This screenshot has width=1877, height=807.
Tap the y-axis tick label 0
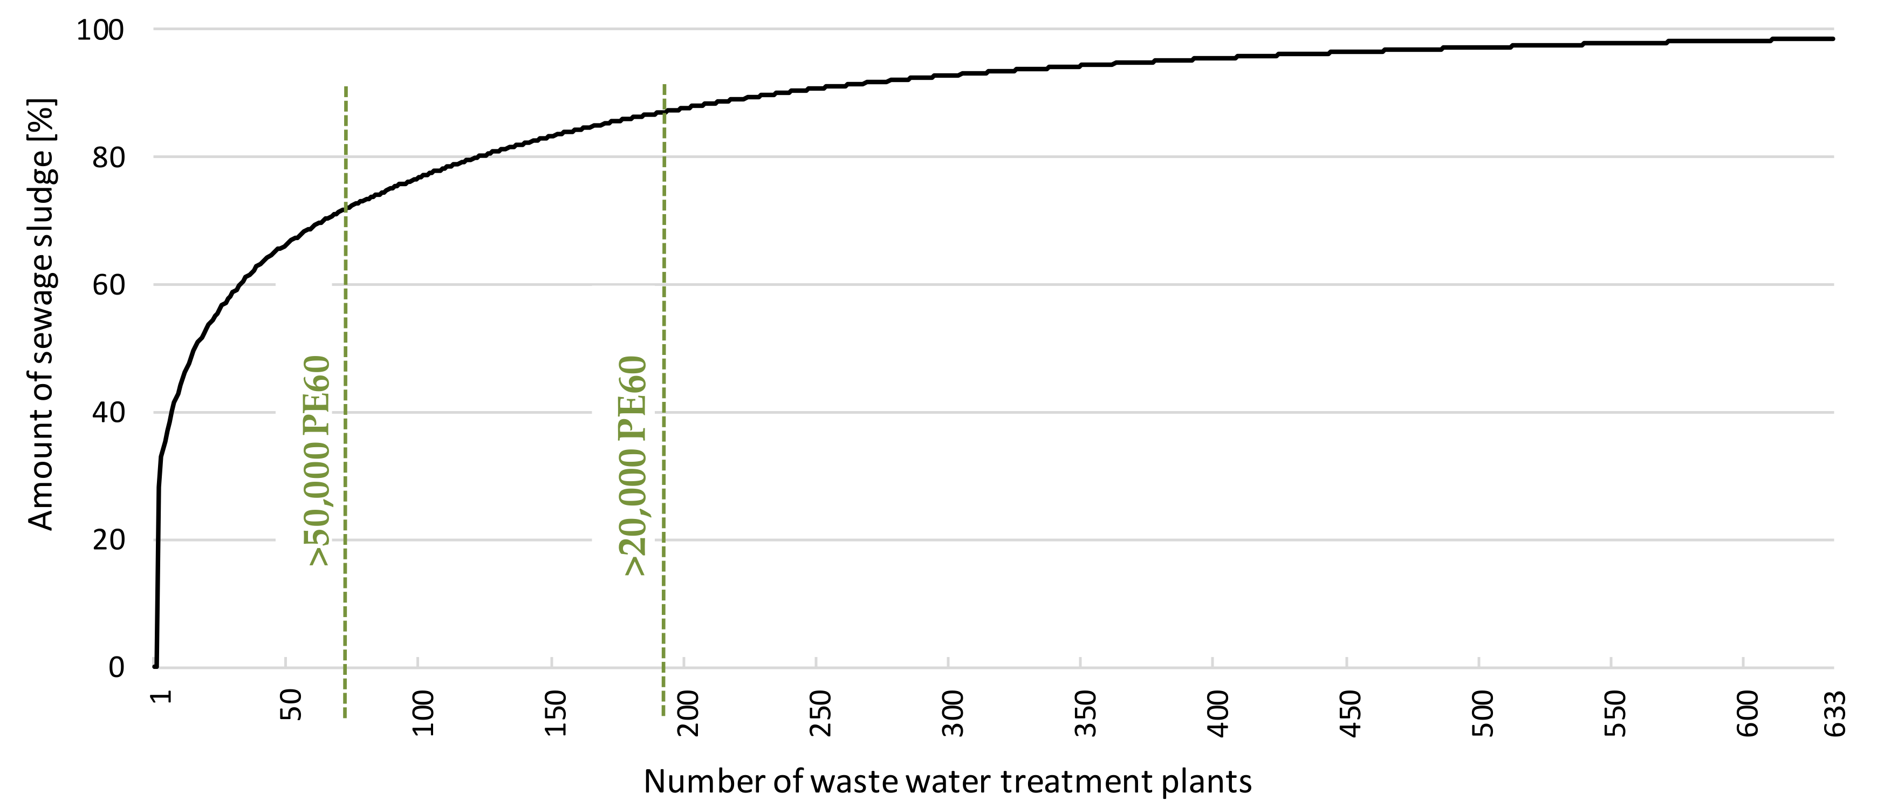[117, 667]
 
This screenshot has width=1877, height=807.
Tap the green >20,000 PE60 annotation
[633, 465]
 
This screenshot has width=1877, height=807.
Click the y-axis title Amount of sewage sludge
[41, 313]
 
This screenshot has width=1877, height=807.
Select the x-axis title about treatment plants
[947, 782]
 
